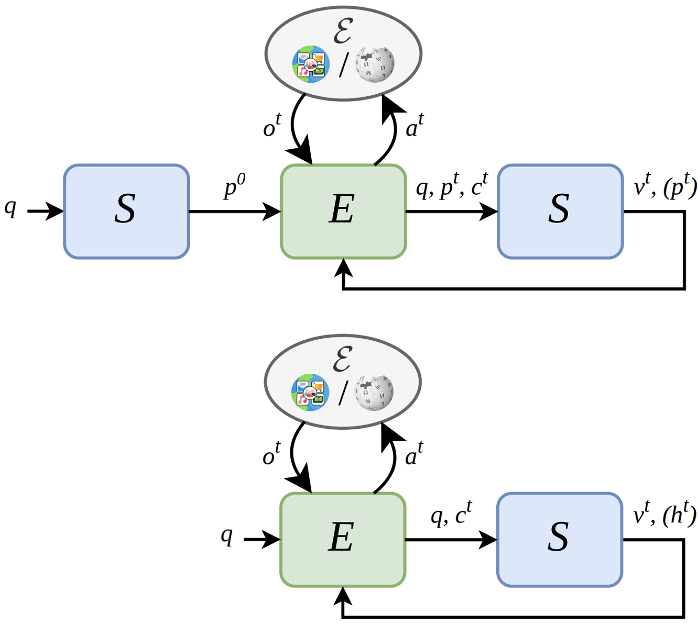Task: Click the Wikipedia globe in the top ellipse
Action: click(x=375, y=64)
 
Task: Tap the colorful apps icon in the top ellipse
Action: click(x=311, y=64)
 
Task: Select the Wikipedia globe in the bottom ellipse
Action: click(x=374, y=393)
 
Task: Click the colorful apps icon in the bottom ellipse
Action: click(x=310, y=393)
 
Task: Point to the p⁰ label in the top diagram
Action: click(x=234, y=186)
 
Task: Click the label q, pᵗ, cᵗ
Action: click(x=452, y=186)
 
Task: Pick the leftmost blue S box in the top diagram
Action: click(x=126, y=212)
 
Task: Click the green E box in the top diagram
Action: click(x=343, y=212)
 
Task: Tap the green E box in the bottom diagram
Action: click(x=343, y=540)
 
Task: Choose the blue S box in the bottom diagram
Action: click(x=560, y=540)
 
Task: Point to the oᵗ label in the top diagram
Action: click(x=272, y=125)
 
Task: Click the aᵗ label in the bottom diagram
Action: click(x=414, y=453)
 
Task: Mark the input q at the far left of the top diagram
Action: click(x=10, y=208)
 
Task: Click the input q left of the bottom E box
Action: click(x=227, y=536)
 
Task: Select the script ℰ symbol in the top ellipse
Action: click(x=343, y=31)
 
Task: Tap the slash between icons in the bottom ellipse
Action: click(x=342, y=393)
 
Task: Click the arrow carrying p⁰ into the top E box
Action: click(x=235, y=212)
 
